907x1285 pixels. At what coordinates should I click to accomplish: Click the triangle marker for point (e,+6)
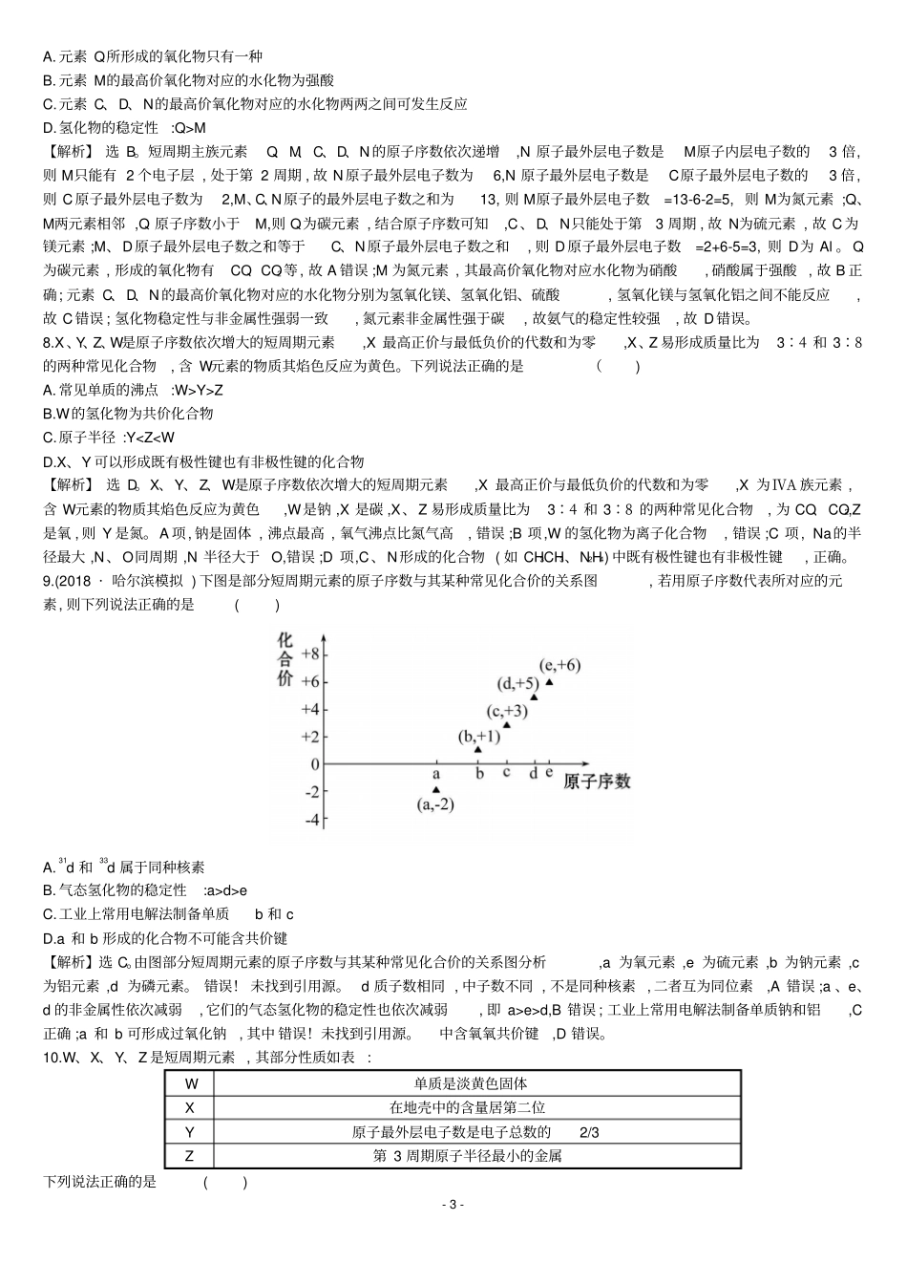pos(549,682)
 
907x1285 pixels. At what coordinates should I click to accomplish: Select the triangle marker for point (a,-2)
pos(436,789)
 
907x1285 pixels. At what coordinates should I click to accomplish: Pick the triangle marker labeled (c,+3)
pos(506,724)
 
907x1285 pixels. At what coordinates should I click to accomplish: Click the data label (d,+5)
pos(518,683)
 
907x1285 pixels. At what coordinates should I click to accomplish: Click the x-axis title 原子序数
pos(597,782)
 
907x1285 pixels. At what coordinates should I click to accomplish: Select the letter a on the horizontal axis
pos(436,773)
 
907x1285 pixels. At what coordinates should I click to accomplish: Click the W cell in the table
pos(191,1083)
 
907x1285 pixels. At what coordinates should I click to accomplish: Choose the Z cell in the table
pos(190,1155)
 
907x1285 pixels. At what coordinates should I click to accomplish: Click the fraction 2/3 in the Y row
pos(589,1131)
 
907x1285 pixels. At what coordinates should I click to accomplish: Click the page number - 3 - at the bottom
pos(454,1204)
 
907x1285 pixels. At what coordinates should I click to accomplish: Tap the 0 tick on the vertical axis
pos(315,764)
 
